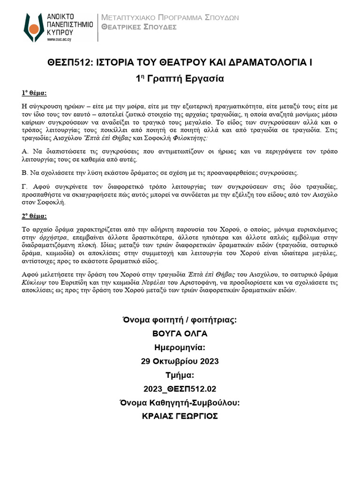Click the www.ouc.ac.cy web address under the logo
60,40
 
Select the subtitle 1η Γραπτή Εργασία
180,79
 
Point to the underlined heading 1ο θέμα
34,92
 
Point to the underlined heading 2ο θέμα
34,216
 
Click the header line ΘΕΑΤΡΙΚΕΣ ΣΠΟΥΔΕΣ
139,27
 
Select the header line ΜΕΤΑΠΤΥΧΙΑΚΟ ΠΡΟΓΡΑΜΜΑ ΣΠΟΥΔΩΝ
171,18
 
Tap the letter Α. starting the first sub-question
25,152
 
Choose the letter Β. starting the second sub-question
25,172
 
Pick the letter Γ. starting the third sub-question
25,187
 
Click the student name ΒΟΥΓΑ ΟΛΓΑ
180,334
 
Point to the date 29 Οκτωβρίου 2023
180,361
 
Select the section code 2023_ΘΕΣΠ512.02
180,389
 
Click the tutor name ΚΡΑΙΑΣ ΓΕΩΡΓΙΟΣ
180,416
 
